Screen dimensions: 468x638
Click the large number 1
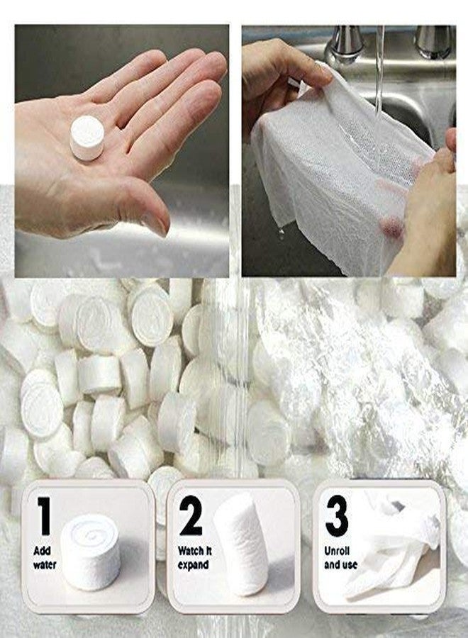[44, 516]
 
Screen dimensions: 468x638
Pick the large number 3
[337, 516]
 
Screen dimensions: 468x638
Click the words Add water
[45, 558]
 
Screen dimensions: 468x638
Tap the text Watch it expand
[194, 558]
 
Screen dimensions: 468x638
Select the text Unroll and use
[340, 558]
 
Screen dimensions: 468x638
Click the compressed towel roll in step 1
[90, 552]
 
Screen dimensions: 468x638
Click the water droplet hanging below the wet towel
[282, 233]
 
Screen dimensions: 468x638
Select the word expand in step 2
[194, 565]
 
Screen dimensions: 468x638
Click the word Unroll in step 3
[337, 551]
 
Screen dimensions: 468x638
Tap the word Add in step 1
[42, 551]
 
